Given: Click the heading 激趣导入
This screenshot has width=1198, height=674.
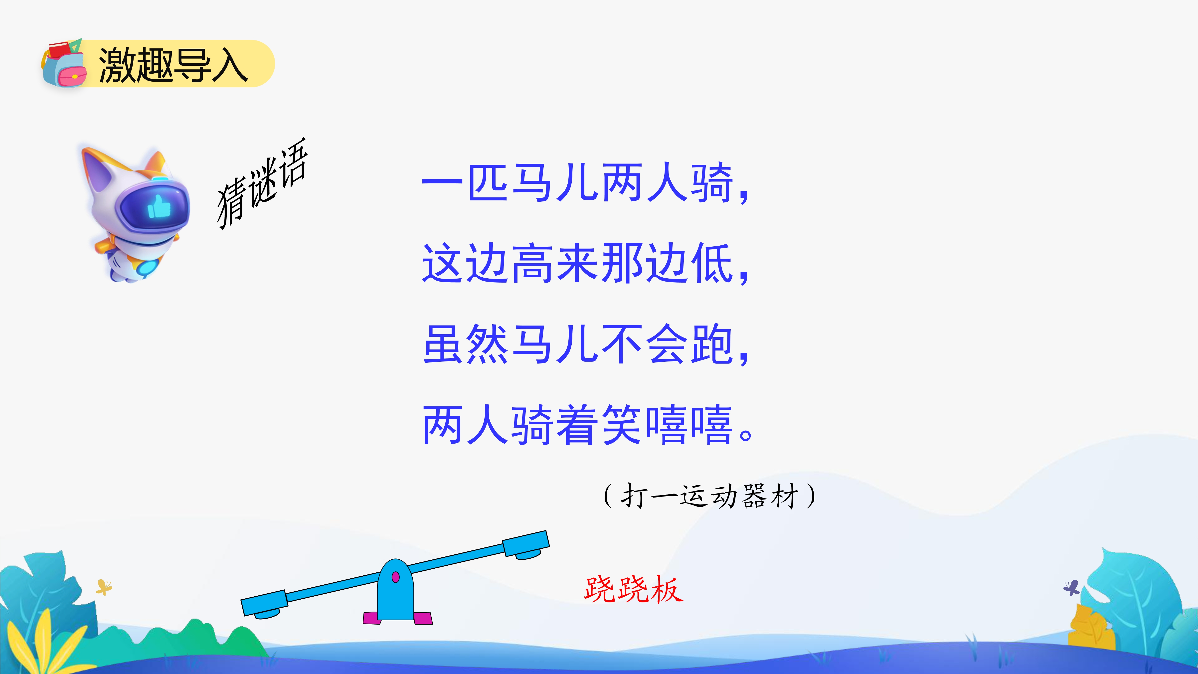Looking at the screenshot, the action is click(173, 65).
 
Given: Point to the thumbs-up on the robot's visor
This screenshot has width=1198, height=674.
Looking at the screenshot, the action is click(159, 207).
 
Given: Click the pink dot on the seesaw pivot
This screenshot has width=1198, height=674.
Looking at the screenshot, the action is click(396, 577).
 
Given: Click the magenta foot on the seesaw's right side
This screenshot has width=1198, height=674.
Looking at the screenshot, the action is click(423, 618).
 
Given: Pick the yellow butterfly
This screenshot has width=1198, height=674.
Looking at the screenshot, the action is click(104, 587).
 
